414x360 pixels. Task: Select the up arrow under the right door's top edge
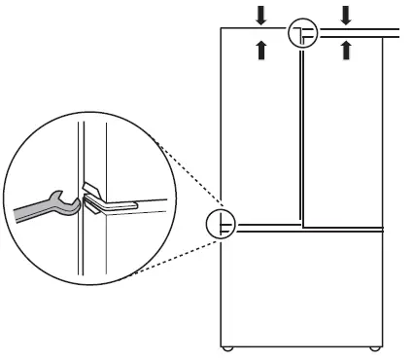click(x=346, y=50)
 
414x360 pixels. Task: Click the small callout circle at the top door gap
click(x=303, y=34)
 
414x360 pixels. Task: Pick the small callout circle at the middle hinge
click(x=223, y=226)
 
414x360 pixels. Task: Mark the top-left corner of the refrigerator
click(x=221, y=29)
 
